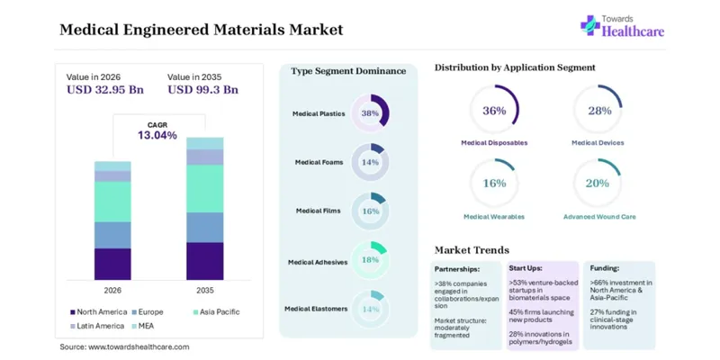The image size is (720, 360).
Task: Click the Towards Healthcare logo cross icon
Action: pyautogui.click(x=590, y=25)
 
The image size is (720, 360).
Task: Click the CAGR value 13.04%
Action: pyautogui.click(x=157, y=136)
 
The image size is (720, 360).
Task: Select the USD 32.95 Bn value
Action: pyautogui.click(x=105, y=89)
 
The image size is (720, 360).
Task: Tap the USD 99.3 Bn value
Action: pyautogui.click(x=203, y=89)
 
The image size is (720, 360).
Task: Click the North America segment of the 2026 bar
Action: pyautogui.click(x=112, y=264)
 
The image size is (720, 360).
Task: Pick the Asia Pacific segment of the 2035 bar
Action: pyautogui.click(x=205, y=188)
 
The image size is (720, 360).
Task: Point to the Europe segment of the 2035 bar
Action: pyautogui.click(x=205, y=228)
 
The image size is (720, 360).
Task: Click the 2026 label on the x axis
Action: pyautogui.click(x=112, y=291)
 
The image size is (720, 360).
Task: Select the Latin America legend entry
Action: pyautogui.click(x=97, y=326)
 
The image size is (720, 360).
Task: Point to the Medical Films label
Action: pyautogui.click(x=319, y=211)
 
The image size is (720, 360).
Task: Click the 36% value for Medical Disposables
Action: pyautogui.click(x=494, y=111)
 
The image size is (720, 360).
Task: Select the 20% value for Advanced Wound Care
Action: pyautogui.click(x=598, y=184)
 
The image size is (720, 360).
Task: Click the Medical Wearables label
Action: pyautogui.click(x=494, y=217)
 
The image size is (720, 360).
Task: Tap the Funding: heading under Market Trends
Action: pyautogui.click(x=605, y=268)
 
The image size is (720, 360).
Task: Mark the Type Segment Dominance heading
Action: pyautogui.click(x=348, y=71)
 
